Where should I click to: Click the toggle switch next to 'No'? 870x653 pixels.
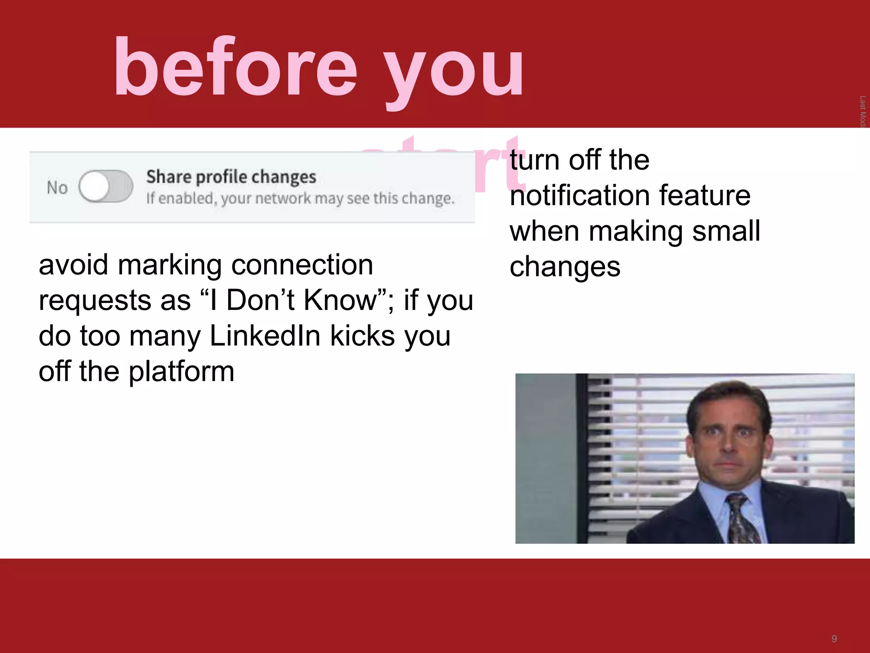106,187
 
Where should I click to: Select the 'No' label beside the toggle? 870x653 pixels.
57,187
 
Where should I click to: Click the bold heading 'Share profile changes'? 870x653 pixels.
231,177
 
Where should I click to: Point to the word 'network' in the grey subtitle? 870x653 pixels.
283,199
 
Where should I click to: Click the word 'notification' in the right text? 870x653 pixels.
579,196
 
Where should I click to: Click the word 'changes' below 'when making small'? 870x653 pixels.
565,267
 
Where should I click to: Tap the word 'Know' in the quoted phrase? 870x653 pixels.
340,300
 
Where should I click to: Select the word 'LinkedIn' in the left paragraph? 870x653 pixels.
265,336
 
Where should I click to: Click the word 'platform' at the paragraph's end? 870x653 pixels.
181,372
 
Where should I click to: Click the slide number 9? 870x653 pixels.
834,639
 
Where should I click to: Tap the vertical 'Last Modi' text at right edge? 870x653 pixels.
862,111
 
